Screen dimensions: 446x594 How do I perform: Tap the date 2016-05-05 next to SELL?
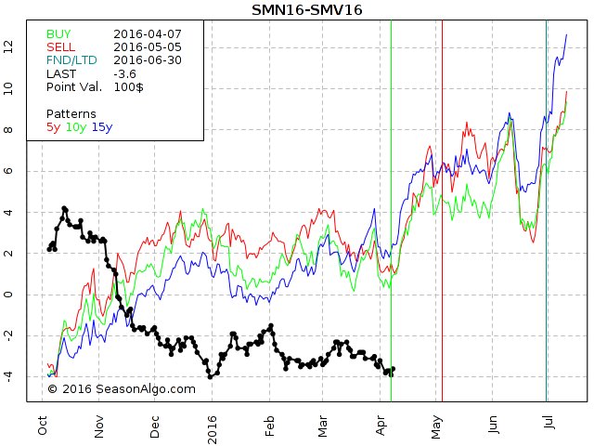(x=148, y=46)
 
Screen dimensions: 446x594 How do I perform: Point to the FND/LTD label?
(x=71, y=59)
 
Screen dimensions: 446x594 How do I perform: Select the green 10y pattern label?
(x=75, y=126)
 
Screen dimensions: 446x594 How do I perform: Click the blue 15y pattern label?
(x=101, y=126)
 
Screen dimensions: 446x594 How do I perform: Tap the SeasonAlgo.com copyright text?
(x=121, y=389)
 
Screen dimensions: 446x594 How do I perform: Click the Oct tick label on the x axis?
(x=43, y=425)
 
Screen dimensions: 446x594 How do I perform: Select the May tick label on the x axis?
(x=436, y=425)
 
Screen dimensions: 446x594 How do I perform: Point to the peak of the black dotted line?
(x=64, y=208)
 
